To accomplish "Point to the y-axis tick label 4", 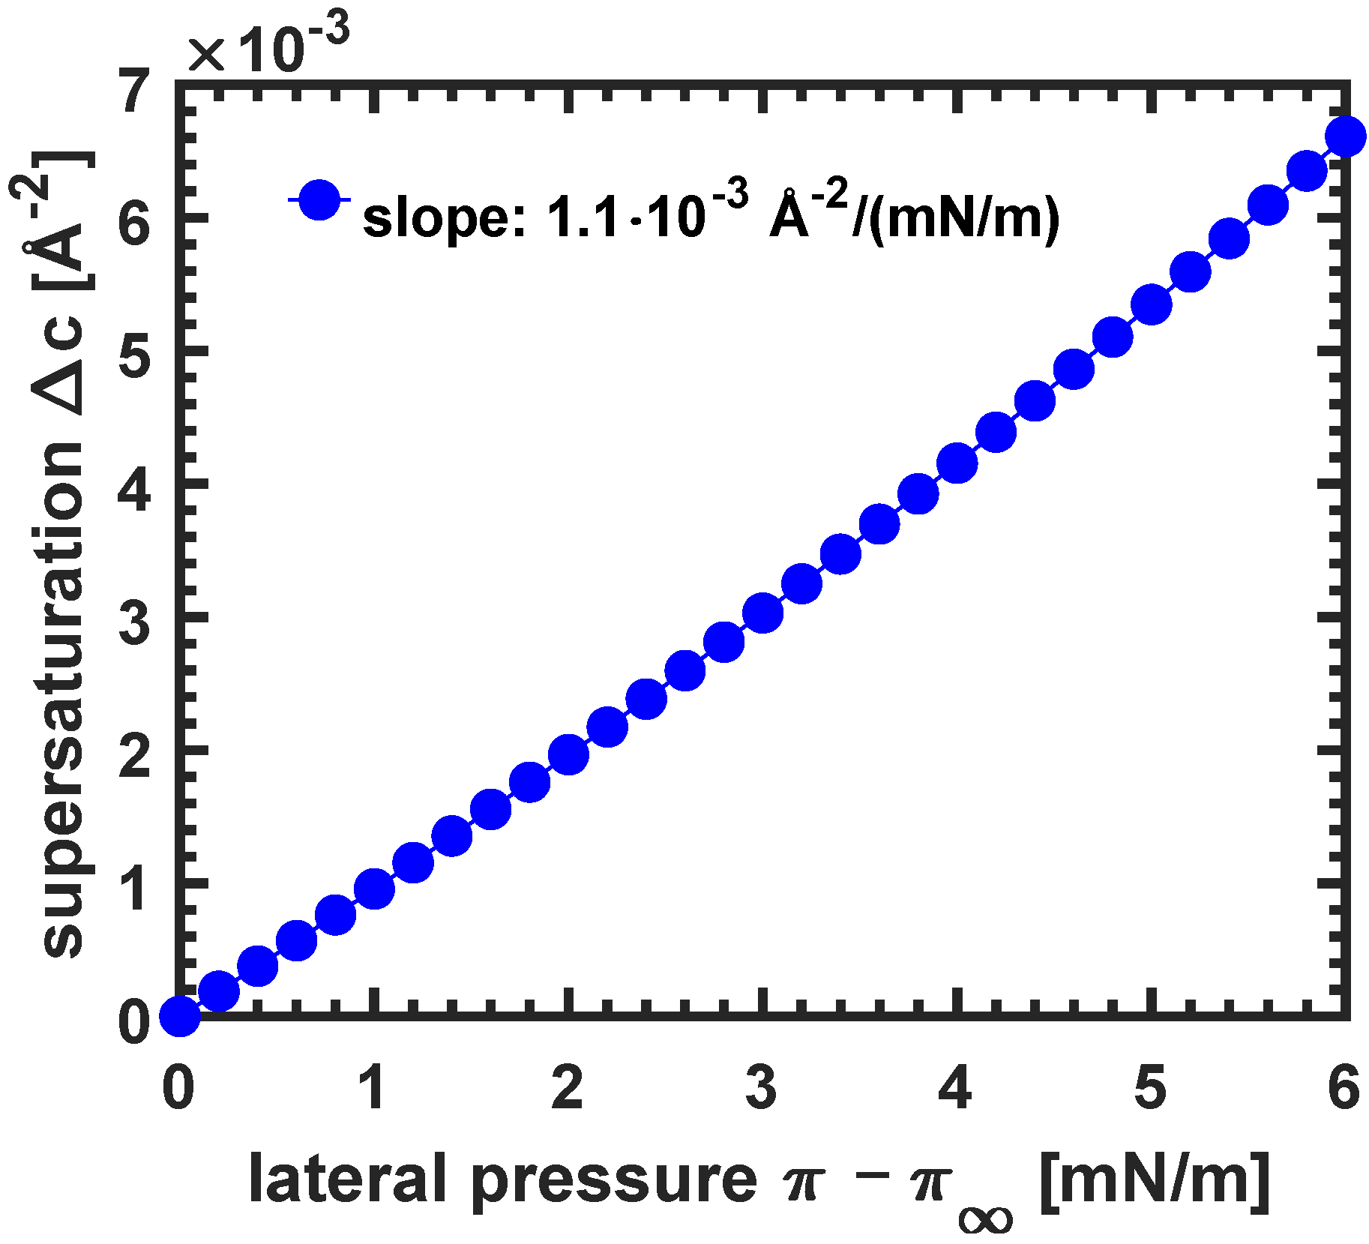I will click(x=135, y=491).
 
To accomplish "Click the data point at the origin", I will click(x=180, y=1017).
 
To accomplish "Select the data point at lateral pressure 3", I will click(x=763, y=613).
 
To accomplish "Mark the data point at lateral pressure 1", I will click(x=374, y=889).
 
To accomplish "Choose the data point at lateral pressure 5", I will click(x=1152, y=304).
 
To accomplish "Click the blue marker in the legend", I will click(x=319, y=199).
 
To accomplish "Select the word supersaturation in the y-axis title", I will click(x=64, y=697).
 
